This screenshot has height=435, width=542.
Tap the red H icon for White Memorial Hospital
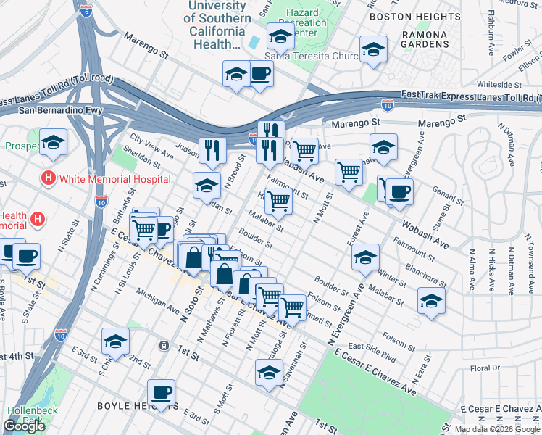point(49,178)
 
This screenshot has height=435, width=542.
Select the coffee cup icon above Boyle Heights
point(161,392)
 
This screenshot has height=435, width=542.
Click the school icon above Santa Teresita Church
point(280,36)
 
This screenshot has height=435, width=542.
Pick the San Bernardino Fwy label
point(62,111)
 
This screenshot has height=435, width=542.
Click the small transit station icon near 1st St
point(165,346)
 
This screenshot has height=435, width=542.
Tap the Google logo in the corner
point(24,426)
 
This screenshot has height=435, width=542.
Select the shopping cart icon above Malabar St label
point(278,202)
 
